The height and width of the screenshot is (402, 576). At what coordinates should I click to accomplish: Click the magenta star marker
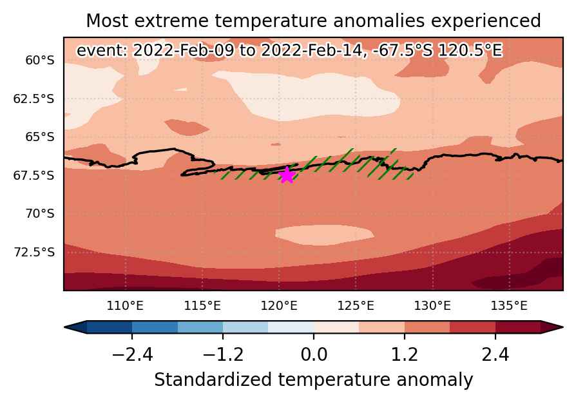click(x=287, y=175)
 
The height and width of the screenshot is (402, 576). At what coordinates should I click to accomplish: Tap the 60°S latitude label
click(x=40, y=60)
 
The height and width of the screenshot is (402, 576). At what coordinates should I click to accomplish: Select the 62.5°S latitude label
click(x=34, y=99)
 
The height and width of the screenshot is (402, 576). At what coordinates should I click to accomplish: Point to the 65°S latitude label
click(x=40, y=137)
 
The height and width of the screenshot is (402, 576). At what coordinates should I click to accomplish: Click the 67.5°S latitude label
click(x=34, y=176)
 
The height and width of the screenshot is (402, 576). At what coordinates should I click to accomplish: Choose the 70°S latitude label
click(x=40, y=213)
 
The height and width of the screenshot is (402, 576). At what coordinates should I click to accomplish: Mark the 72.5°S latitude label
click(x=34, y=253)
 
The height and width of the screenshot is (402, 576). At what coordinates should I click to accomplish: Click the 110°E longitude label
click(x=125, y=306)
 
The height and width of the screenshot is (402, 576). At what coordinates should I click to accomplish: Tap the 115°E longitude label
click(x=202, y=306)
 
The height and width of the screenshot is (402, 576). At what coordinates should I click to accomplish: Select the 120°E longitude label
click(x=279, y=306)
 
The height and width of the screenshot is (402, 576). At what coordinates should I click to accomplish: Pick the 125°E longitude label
click(x=356, y=306)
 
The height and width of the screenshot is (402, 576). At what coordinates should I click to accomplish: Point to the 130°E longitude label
click(x=432, y=306)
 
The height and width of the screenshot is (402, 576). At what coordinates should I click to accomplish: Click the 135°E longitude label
click(x=509, y=306)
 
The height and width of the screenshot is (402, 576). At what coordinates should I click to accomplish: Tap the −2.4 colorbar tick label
click(x=132, y=355)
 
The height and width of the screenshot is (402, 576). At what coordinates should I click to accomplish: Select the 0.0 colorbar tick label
click(x=314, y=355)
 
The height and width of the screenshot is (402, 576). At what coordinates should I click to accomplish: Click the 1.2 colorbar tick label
click(x=405, y=355)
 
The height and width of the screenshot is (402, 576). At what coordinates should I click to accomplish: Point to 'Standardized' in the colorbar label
click(x=213, y=380)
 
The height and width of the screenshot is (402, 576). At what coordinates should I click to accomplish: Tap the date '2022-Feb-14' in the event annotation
click(x=311, y=50)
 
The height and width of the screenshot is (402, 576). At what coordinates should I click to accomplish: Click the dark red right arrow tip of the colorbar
click(x=562, y=327)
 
